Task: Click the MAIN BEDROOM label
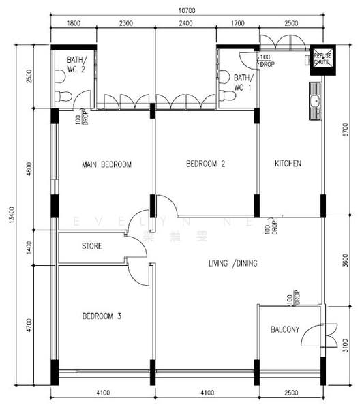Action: [106, 164]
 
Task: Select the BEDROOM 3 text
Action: [102, 316]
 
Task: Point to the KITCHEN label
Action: [288, 164]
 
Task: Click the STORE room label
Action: [92, 246]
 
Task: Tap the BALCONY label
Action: [284, 330]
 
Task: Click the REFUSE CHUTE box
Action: [321, 59]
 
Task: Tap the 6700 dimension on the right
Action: [346, 136]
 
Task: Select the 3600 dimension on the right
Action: [346, 260]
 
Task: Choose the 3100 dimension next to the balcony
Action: [346, 347]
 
